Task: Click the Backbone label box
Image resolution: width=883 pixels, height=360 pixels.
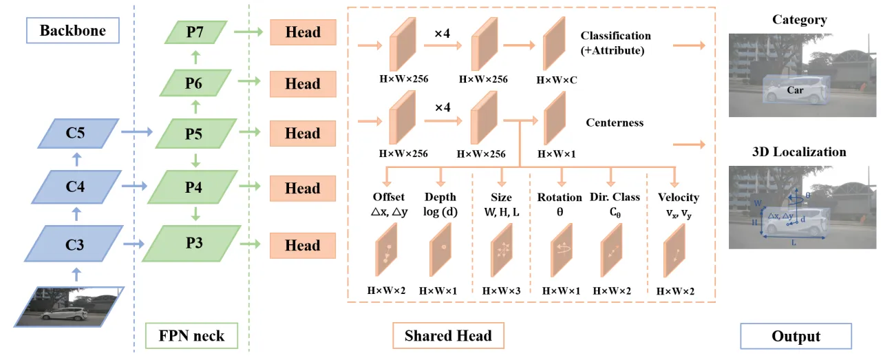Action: (x=73, y=30)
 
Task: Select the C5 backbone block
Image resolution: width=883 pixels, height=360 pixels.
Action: (x=78, y=134)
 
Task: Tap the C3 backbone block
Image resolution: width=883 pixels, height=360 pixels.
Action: (x=74, y=244)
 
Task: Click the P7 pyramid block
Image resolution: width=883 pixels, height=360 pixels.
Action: (x=195, y=32)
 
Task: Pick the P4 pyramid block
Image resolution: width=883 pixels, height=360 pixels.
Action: (x=193, y=187)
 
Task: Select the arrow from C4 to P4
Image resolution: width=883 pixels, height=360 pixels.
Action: (x=134, y=186)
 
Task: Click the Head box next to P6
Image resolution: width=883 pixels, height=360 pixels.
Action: (x=303, y=84)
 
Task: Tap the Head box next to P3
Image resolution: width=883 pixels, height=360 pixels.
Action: (x=303, y=245)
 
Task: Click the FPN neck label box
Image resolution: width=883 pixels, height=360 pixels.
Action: (x=191, y=335)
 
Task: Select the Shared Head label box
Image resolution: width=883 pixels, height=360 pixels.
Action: (x=448, y=335)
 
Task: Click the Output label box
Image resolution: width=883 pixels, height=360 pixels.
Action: (x=796, y=336)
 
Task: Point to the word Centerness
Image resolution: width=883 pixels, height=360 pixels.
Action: (x=615, y=123)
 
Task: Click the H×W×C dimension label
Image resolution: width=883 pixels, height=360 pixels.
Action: (x=557, y=80)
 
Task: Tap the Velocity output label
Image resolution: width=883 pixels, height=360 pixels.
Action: (x=679, y=197)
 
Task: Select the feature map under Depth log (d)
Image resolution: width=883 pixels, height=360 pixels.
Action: (x=440, y=250)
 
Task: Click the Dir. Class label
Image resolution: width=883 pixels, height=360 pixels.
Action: (x=615, y=197)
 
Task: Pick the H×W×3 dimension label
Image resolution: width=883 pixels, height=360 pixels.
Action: (x=502, y=291)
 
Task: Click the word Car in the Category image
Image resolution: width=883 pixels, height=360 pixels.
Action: (x=795, y=90)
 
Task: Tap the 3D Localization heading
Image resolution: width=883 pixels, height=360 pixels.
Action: (x=799, y=152)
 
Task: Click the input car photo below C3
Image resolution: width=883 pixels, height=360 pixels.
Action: (x=70, y=307)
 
